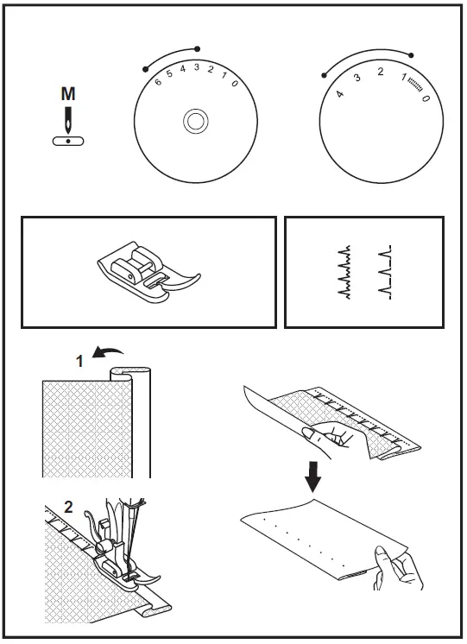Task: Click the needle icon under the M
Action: [x=67, y=117]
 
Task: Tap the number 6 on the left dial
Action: [x=158, y=82]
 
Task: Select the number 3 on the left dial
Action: [x=197, y=67]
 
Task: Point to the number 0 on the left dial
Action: [x=234, y=82]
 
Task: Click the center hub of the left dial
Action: [x=196, y=122]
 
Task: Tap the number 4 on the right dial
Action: [x=339, y=92]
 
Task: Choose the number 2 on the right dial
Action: [x=381, y=72]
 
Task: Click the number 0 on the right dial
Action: [x=426, y=99]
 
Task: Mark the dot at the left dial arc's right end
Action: [x=198, y=48]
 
